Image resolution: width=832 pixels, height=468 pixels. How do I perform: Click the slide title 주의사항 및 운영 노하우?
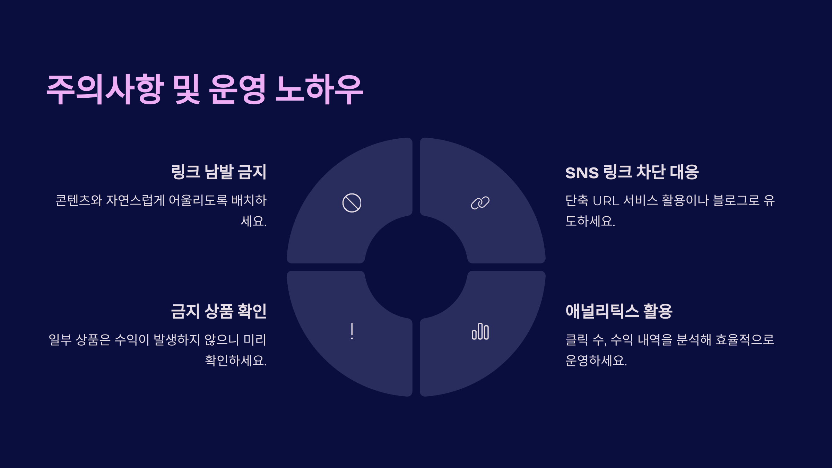click(205, 89)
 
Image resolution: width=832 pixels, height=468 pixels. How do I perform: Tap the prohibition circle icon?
click(352, 203)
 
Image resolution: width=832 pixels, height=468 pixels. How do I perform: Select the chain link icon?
click(480, 203)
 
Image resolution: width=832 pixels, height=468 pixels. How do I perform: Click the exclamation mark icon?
click(352, 331)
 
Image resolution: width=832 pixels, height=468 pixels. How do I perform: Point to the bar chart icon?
click(480, 331)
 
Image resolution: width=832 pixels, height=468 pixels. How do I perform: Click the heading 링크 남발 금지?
click(219, 172)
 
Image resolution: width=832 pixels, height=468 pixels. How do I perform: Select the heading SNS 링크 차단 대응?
click(632, 172)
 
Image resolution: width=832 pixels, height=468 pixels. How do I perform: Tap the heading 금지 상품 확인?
click(219, 311)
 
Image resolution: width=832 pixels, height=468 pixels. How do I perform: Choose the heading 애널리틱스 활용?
click(619, 311)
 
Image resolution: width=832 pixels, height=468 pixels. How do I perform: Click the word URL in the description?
click(606, 201)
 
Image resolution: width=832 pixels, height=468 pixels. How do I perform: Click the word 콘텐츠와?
click(79, 200)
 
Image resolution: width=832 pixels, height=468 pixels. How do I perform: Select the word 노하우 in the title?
click(319, 89)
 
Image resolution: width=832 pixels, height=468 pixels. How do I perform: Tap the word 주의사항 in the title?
click(105, 89)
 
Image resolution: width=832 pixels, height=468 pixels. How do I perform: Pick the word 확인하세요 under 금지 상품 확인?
click(236, 360)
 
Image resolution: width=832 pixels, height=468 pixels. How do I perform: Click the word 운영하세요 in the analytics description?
click(596, 360)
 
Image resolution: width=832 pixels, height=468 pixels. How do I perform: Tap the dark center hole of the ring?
click(416, 267)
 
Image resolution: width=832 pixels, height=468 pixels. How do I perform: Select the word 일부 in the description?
click(60, 339)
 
